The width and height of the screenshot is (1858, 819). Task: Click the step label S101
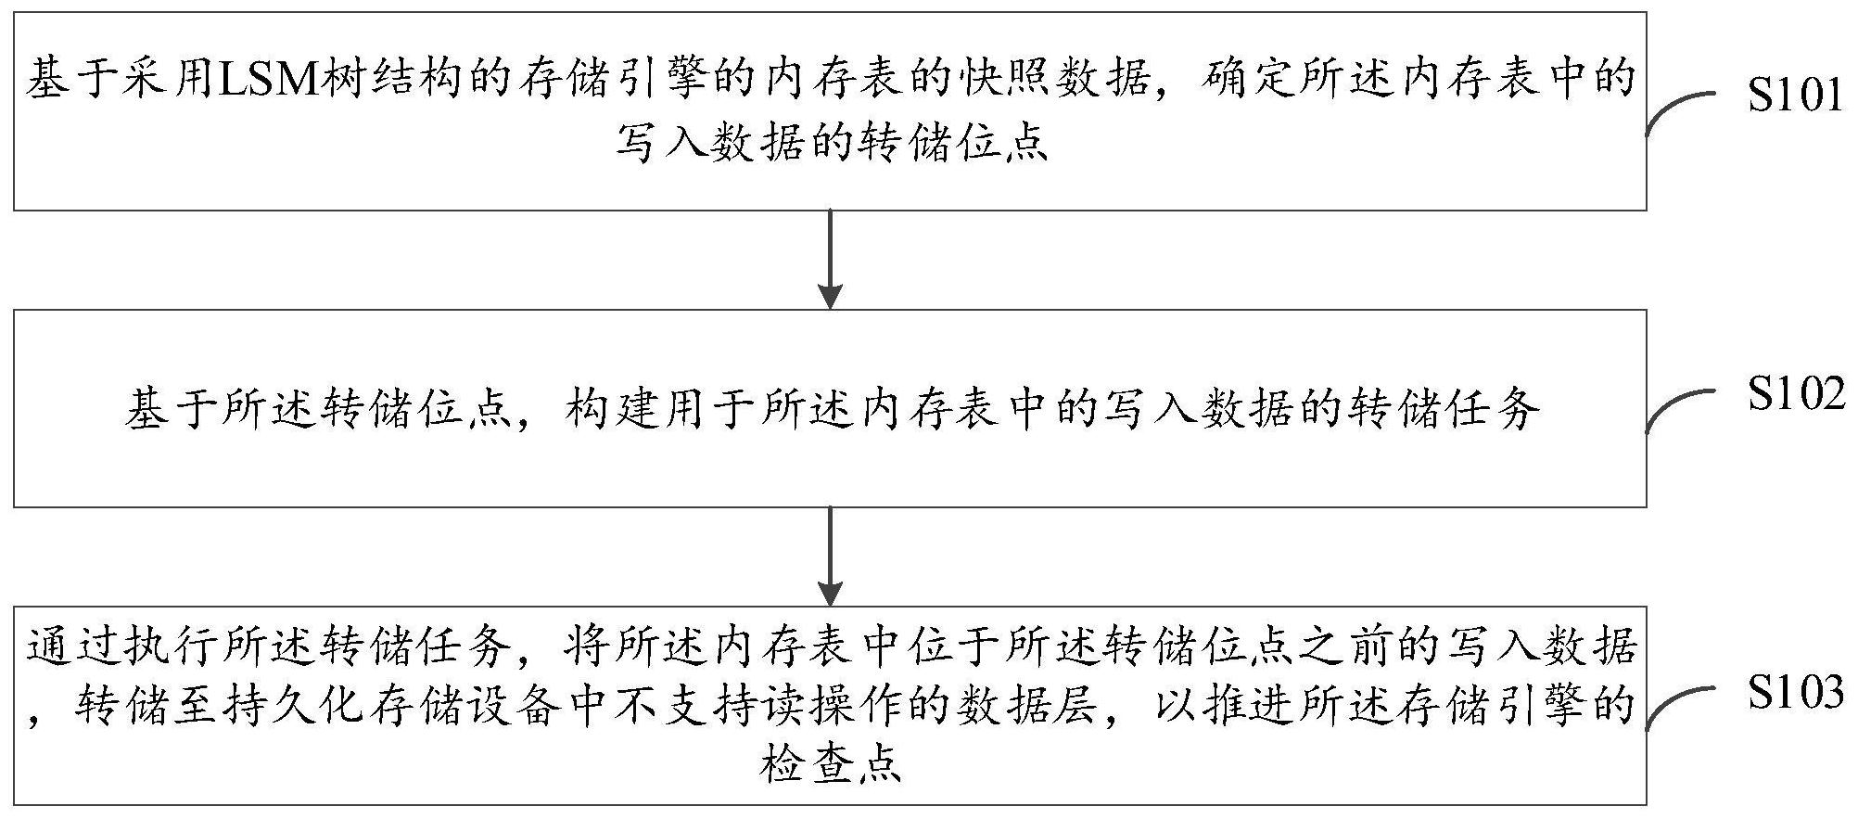[x=1794, y=96]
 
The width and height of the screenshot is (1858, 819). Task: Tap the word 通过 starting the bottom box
[x=74, y=646]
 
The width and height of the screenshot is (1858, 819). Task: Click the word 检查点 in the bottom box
[x=830, y=766]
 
